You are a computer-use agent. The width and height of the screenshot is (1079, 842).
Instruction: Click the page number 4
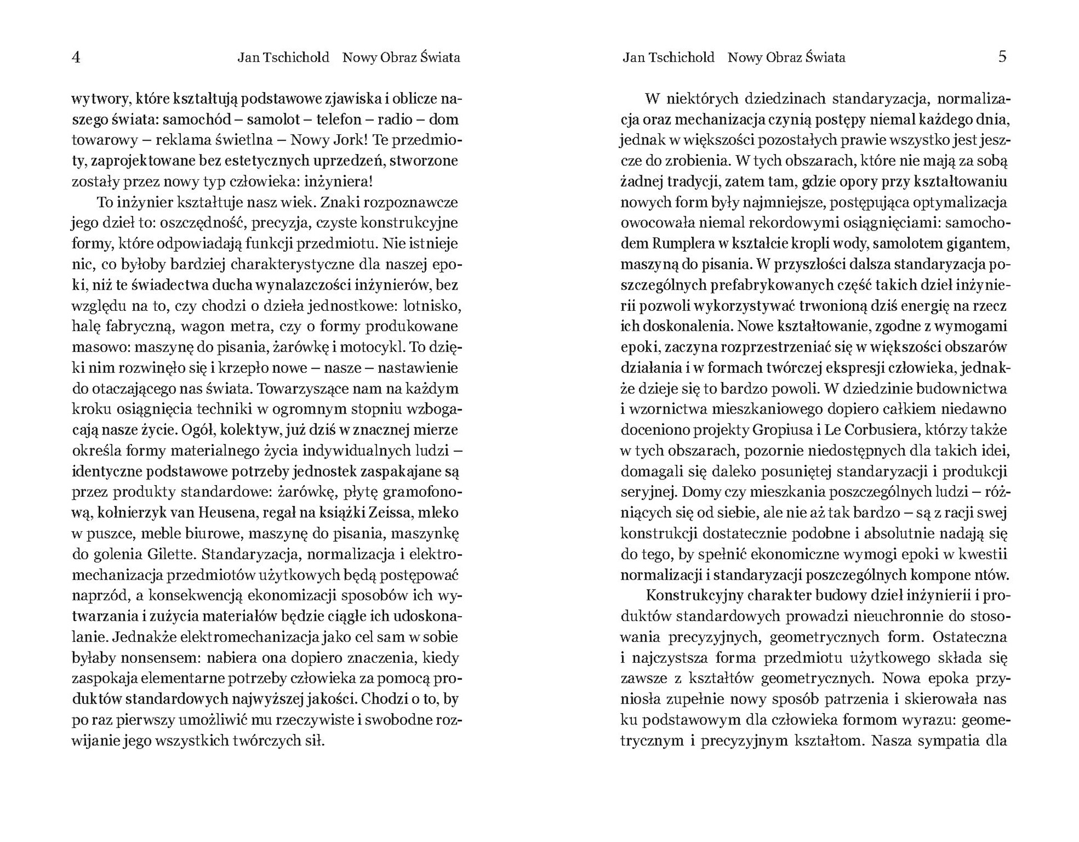[76, 57]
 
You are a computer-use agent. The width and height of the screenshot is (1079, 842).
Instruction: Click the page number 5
[1002, 57]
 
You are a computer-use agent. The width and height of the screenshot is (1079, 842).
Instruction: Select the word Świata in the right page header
[825, 57]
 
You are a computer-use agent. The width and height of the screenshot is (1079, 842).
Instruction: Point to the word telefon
[339, 119]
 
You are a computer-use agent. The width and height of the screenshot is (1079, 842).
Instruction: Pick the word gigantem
[976, 244]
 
